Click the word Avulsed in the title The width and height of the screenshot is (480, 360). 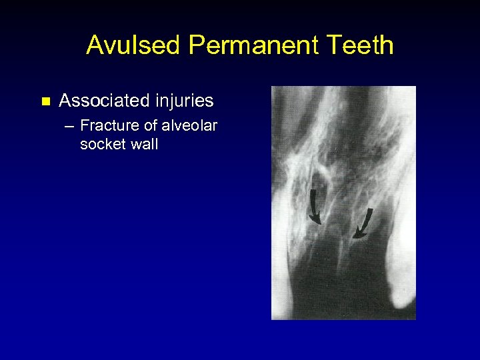134,45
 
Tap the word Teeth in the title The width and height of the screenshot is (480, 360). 361,45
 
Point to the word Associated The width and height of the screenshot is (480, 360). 103,101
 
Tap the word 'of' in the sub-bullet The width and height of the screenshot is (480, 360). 151,125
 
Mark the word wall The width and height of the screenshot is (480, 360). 143,143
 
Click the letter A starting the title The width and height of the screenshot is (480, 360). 95,45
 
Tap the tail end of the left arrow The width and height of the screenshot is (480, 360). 311,190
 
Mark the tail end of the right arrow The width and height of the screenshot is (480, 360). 371,209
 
